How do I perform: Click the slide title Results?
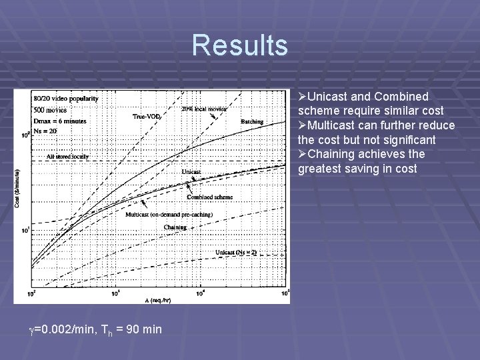(x=240, y=45)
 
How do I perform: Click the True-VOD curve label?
(x=145, y=117)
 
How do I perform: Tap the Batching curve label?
(x=251, y=122)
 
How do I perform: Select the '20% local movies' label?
(x=204, y=109)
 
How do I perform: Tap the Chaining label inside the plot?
(x=175, y=227)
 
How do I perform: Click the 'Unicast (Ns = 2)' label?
(x=236, y=252)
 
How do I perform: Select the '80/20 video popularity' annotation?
(x=65, y=99)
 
